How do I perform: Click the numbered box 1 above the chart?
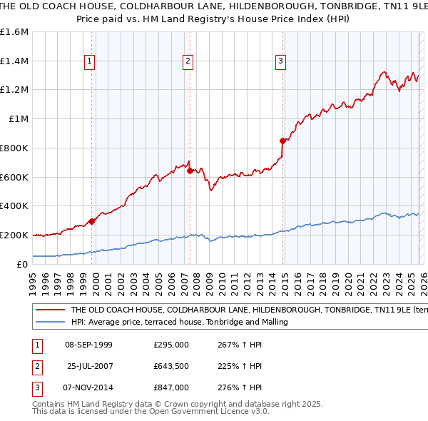(90, 62)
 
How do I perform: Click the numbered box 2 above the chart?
(188, 62)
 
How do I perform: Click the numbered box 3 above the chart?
(281, 62)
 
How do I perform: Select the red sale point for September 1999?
(92, 221)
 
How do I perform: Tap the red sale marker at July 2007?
(190, 171)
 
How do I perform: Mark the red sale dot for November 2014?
(283, 141)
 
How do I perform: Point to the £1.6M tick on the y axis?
(14, 32)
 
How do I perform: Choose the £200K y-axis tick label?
(14, 235)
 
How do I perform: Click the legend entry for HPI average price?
(178, 323)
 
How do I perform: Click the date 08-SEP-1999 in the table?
(88, 345)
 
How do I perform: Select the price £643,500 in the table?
(171, 366)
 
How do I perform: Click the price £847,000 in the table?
(171, 387)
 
